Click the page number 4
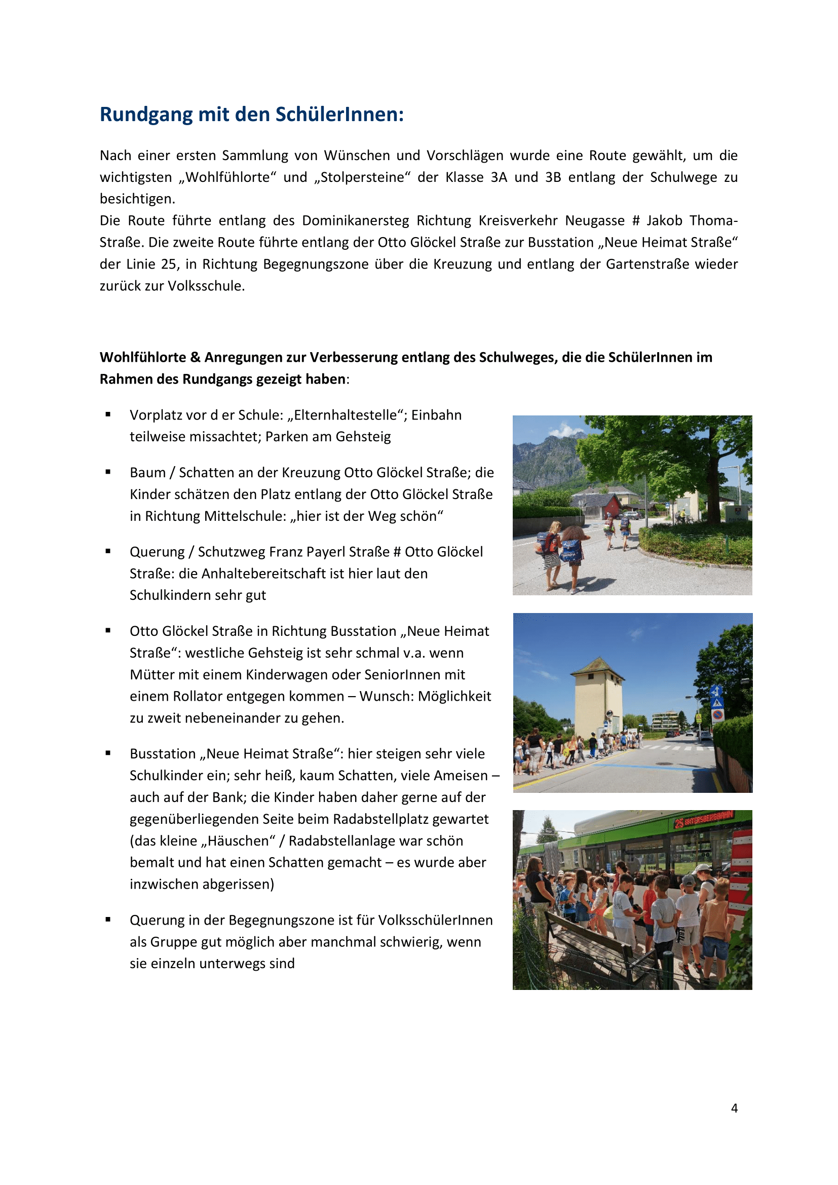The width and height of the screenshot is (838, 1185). [734, 1108]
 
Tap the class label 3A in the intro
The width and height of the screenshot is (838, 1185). [499, 177]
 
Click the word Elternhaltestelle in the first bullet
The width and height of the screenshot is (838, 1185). [346, 415]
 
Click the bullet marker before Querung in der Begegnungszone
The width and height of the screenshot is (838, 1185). [108, 919]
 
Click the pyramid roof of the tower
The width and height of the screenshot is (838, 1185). [597, 666]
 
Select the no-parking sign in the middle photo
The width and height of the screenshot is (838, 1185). [717, 715]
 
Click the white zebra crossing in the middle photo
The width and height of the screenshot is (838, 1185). [671, 747]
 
